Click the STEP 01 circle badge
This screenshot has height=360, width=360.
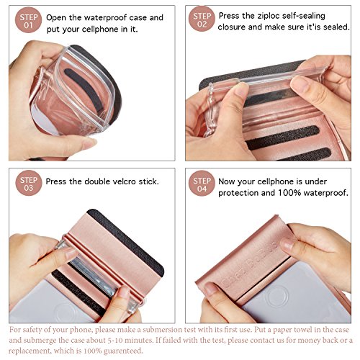point(28,20)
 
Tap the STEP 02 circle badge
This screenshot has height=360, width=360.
point(202,19)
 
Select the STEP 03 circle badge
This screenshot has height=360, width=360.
point(29,183)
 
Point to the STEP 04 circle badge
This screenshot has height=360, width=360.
point(202,184)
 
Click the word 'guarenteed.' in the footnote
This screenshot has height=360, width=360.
point(123,351)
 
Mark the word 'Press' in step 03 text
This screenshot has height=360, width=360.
point(55,181)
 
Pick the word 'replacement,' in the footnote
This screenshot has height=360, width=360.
point(30,351)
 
